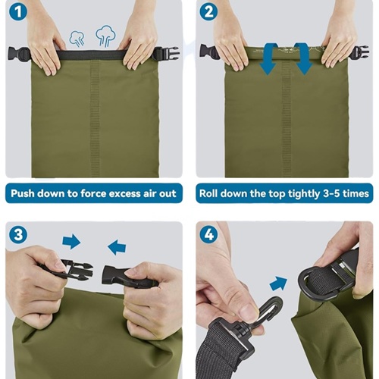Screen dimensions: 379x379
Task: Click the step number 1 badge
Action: click(x=18, y=12)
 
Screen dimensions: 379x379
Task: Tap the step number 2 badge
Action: click(x=208, y=12)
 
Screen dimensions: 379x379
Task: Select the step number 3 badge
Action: click(x=18, y=234)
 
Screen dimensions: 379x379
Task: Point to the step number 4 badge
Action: click(x=208, y=234)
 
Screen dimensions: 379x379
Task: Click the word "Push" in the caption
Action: click(x=22, y=193)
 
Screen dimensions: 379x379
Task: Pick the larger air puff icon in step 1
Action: click(x=106, y=36)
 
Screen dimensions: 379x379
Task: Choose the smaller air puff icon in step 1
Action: click(x=77, y=39)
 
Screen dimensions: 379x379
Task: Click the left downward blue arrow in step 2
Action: click(x=269, y=58)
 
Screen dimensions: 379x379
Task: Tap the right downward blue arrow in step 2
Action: click(x=303, y=58)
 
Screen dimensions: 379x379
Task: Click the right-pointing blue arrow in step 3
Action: click(x=71, y=241)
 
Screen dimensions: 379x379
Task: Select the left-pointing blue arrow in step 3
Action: click(x=117, y=247)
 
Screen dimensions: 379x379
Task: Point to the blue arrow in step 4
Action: click(x=279, y=283)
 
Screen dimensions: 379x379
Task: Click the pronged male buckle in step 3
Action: click(x=66, y=270)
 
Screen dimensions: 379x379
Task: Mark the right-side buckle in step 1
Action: click(x=166, y=54)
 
